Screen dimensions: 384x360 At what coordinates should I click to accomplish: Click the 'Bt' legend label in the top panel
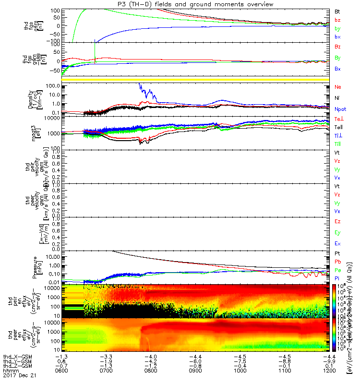[x=337, y=11]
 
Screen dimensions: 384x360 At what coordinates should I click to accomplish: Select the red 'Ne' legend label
[x=337, y=87]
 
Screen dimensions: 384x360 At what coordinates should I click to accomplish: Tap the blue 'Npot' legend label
[x=340, y=109]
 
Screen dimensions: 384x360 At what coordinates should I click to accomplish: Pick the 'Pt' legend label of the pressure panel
[x=337, y=253]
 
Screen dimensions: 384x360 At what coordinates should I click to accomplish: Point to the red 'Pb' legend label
[x=337, y=262]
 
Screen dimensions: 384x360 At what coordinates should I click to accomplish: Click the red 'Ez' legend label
[x=337, y=222]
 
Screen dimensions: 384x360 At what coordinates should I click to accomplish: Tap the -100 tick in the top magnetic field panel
[x=52, y=42]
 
